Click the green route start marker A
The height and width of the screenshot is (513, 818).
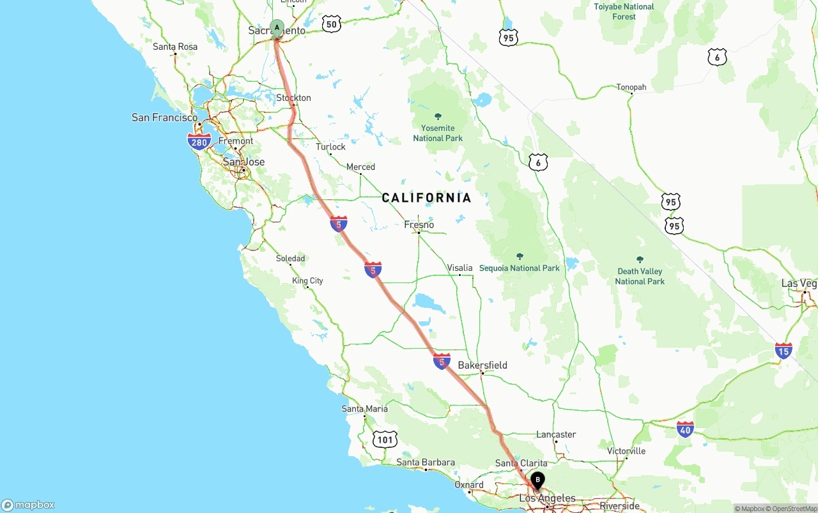[x=277, y=27]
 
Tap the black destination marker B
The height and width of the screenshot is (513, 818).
[x=538, y=479]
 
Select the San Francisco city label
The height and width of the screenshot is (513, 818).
[x=164, y=118]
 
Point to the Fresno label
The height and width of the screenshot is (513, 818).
[x=419, y=225]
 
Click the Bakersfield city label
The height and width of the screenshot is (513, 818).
[x=482, y=365]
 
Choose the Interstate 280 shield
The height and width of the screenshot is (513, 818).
[x=199, y=142]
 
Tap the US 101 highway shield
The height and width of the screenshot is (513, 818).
[x=385, y=439]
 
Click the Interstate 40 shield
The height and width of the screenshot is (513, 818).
[x=685, y=429]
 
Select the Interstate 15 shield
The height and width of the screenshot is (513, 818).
[x=783, y=350]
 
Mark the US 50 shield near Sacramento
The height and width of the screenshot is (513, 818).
[x=331, y=24]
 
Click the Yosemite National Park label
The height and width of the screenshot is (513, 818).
[x=438, y=133]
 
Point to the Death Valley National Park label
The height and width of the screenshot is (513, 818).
[x=640, y=276]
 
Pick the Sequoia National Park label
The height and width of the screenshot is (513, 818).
[x=520, y=268]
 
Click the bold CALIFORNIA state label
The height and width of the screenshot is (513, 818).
[x=426, y=198]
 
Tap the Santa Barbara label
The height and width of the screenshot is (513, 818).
[x=426, y=463]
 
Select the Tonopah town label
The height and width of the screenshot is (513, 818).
[x=631, y=87]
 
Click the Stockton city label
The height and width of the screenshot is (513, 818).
[x=293, y=98]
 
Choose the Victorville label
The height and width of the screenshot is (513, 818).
[x=626, y=451]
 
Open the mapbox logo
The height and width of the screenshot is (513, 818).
[x=28, y=505]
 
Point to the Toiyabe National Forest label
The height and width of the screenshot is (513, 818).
[x=624, y=11]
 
